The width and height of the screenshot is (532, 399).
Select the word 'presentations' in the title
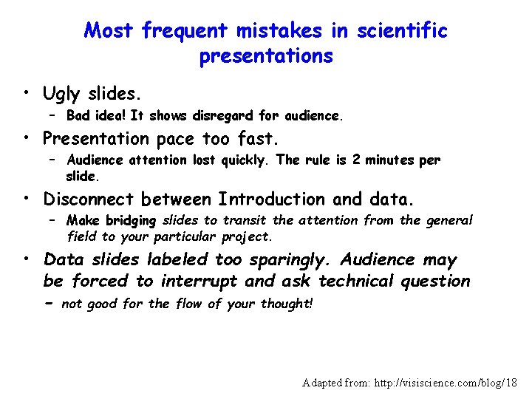[266, 57]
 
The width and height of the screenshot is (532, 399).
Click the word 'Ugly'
[63, 95]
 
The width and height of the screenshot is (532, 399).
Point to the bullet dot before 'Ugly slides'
[26, 95]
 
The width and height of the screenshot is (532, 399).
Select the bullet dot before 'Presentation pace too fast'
[26, 139]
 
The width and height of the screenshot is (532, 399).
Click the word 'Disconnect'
[89, 199]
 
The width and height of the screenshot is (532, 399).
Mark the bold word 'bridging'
[131, 220]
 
